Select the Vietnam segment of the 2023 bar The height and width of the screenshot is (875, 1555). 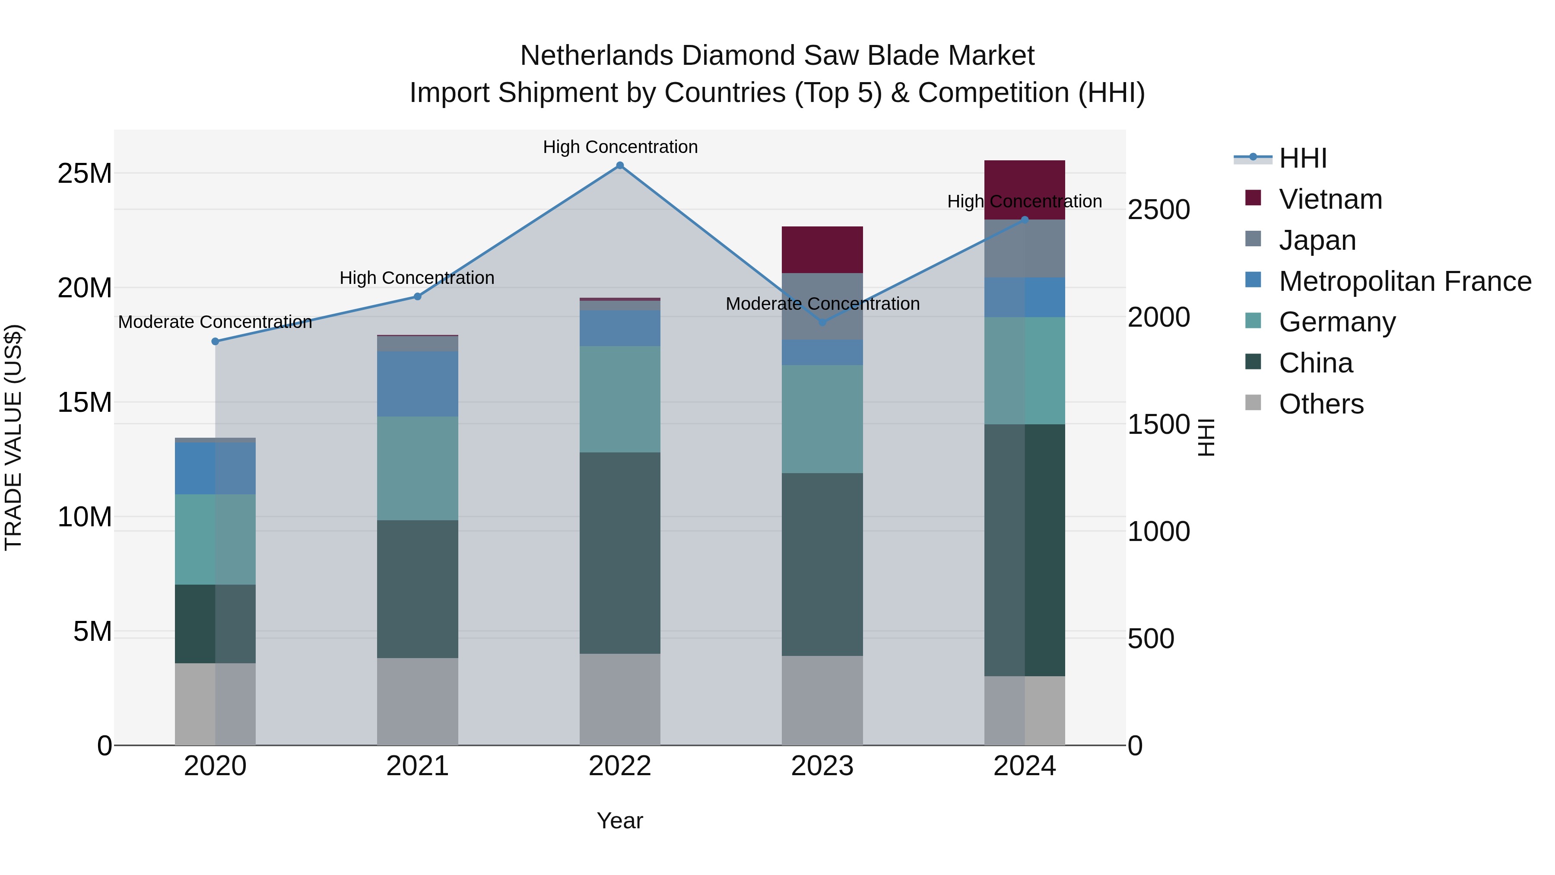point(822,249)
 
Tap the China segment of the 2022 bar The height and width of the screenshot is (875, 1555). point(620,553)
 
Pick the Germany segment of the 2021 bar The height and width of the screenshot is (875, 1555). point(417,468)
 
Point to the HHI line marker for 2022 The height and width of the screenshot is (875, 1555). point(620,165)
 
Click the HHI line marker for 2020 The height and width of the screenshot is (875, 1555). point(215,341)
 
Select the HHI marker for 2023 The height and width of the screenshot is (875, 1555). point(822,322)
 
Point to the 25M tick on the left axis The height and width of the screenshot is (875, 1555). point(85,174)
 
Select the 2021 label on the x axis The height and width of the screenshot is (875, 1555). point(417,766)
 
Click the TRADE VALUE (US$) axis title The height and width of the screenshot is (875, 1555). point(13,437)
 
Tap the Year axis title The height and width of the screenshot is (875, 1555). point(620,821)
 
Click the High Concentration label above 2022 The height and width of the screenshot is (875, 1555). point(620,147)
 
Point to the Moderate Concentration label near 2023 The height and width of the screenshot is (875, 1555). point(822,304)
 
